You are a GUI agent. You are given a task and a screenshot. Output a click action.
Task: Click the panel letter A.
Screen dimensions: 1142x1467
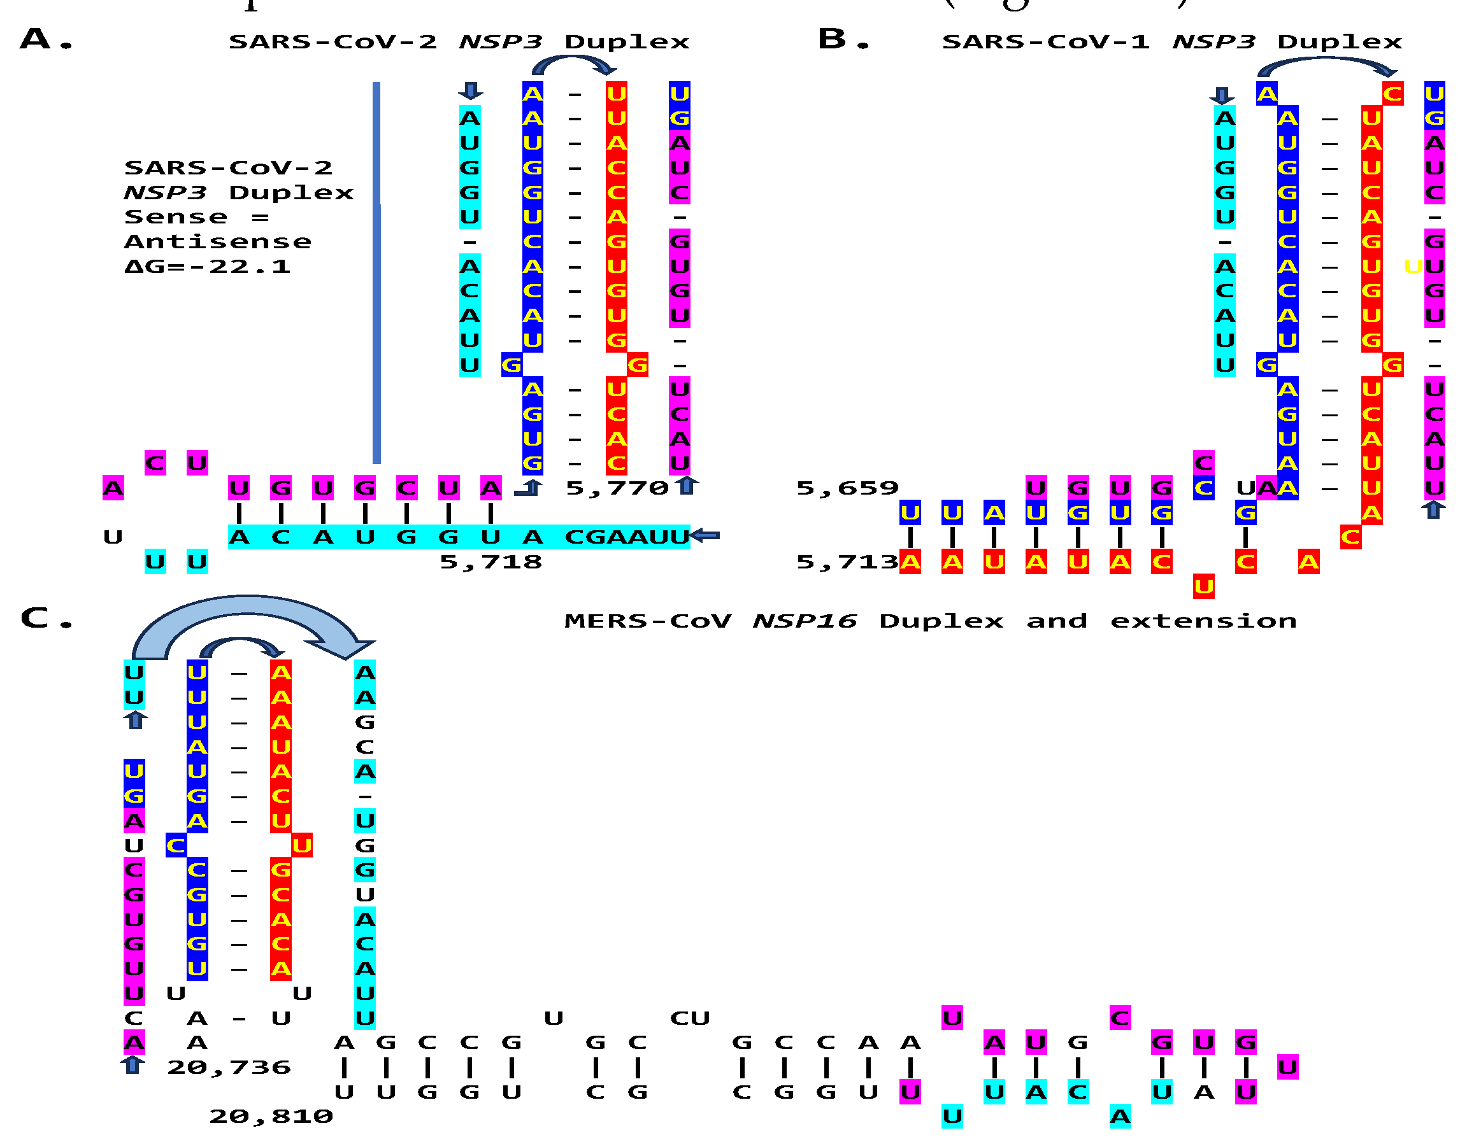(x=36, y=39)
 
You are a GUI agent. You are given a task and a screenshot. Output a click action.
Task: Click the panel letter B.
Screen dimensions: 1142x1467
(x=833, y=39)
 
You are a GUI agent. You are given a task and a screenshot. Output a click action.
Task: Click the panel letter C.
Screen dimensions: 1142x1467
(x=35, y=618)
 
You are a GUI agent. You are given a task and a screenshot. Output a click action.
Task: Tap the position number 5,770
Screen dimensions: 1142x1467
(x=617, y=488)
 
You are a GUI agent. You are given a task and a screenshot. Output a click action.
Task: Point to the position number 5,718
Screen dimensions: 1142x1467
(x=490, y=562)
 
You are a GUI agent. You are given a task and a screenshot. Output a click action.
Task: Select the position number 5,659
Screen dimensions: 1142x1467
(x=847, y=488)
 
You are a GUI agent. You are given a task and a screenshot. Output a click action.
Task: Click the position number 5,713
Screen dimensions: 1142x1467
(x=847, y=562)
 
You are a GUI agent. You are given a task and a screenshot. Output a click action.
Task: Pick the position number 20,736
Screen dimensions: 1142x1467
(x=229, y=1068)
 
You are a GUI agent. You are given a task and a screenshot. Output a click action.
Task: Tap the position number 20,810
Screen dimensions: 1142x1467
(x=271, y=1117)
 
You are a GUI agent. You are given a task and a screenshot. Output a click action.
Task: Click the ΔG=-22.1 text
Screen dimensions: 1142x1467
(x=208, y=267)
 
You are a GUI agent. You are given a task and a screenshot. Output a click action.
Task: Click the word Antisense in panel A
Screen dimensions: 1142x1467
(x=218, y=242)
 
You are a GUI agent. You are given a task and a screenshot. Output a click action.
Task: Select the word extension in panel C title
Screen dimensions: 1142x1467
(x=1203, y=621)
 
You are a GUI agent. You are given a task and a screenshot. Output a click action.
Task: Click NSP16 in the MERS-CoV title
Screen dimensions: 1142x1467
(x=804, y=621)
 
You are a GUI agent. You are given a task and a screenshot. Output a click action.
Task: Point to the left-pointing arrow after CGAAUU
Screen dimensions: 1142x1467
(x=705, y=536)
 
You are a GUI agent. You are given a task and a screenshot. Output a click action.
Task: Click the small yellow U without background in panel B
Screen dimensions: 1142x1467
(x=1413, y=267)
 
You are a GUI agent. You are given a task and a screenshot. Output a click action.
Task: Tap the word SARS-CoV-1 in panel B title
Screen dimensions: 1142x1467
(x=1045, y=41)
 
